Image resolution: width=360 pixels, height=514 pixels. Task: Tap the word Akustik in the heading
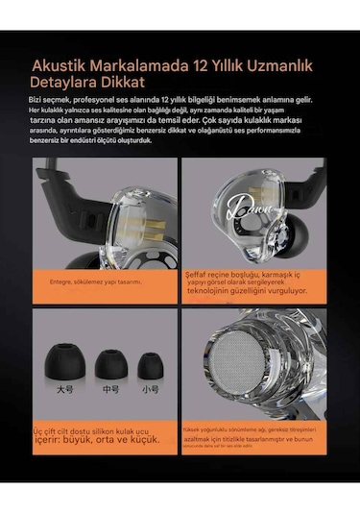click(x=61, y=65)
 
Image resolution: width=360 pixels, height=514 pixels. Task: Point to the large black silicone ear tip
click(x=63, y=364)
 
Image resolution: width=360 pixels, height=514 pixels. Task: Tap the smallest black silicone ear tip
click(x=149, y=365)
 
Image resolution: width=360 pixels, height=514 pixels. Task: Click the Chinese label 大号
click(x=63, y=391)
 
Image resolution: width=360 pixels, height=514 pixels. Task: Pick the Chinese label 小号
click(x=149, y=391)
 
